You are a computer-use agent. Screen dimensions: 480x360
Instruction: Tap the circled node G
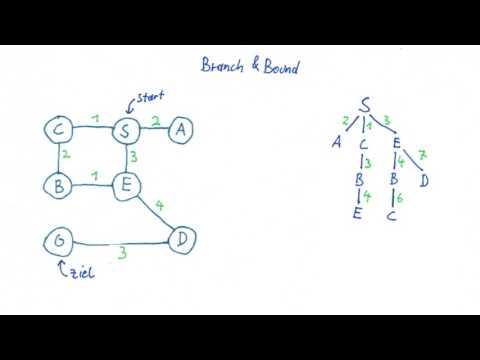[59, 240]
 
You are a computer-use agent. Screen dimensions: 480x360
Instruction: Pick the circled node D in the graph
[181, 240]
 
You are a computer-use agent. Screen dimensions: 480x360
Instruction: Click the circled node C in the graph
[59, 131]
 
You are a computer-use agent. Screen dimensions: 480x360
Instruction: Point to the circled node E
[125, 185]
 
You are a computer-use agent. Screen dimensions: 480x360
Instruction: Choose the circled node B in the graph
[59, 185]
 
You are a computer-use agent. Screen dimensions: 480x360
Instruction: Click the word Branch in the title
[223, 65]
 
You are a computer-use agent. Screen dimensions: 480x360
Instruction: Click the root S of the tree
[367, 104]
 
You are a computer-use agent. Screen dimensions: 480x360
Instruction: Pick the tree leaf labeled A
[337, 141]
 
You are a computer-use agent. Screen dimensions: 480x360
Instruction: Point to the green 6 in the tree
[400, 198]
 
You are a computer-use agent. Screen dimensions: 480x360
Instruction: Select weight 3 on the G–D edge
[122, 254]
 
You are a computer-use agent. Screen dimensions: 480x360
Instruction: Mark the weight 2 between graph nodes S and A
[155, 121]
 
